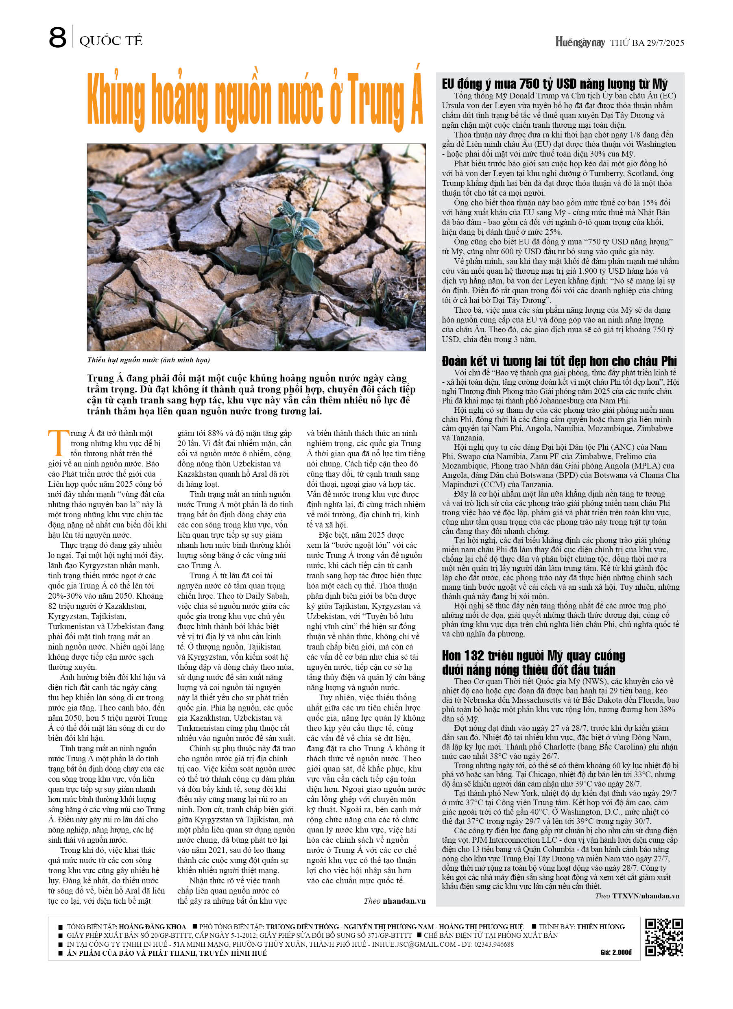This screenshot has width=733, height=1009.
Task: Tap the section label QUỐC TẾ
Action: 111,41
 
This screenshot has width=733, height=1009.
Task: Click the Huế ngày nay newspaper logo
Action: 580,42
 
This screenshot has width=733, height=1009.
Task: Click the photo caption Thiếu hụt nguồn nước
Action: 148,360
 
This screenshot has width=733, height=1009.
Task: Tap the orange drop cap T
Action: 57,442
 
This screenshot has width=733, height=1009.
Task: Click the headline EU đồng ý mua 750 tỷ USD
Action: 554,84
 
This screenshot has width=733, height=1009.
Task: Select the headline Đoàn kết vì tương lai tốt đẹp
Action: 559,361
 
